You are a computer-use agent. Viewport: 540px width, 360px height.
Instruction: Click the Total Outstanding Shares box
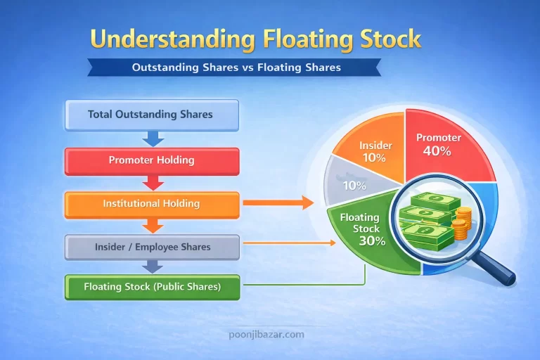(151, 114)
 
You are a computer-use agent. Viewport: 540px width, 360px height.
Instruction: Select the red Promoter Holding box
(151, 160)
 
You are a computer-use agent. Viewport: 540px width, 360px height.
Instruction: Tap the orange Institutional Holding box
(151, 204)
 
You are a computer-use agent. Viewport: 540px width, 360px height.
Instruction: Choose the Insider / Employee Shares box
(151, 247)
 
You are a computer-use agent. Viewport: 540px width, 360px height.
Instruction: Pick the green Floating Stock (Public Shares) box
(151, 287)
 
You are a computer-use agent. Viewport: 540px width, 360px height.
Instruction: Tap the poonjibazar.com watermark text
(270, 334)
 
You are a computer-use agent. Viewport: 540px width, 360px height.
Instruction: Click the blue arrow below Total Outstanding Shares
(150, 137)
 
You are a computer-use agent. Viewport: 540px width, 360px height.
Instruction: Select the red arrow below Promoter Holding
(150, 182)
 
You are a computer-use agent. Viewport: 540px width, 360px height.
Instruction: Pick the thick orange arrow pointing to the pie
(277, 203)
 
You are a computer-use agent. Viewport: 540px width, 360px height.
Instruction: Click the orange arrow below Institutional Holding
(150, 226)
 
